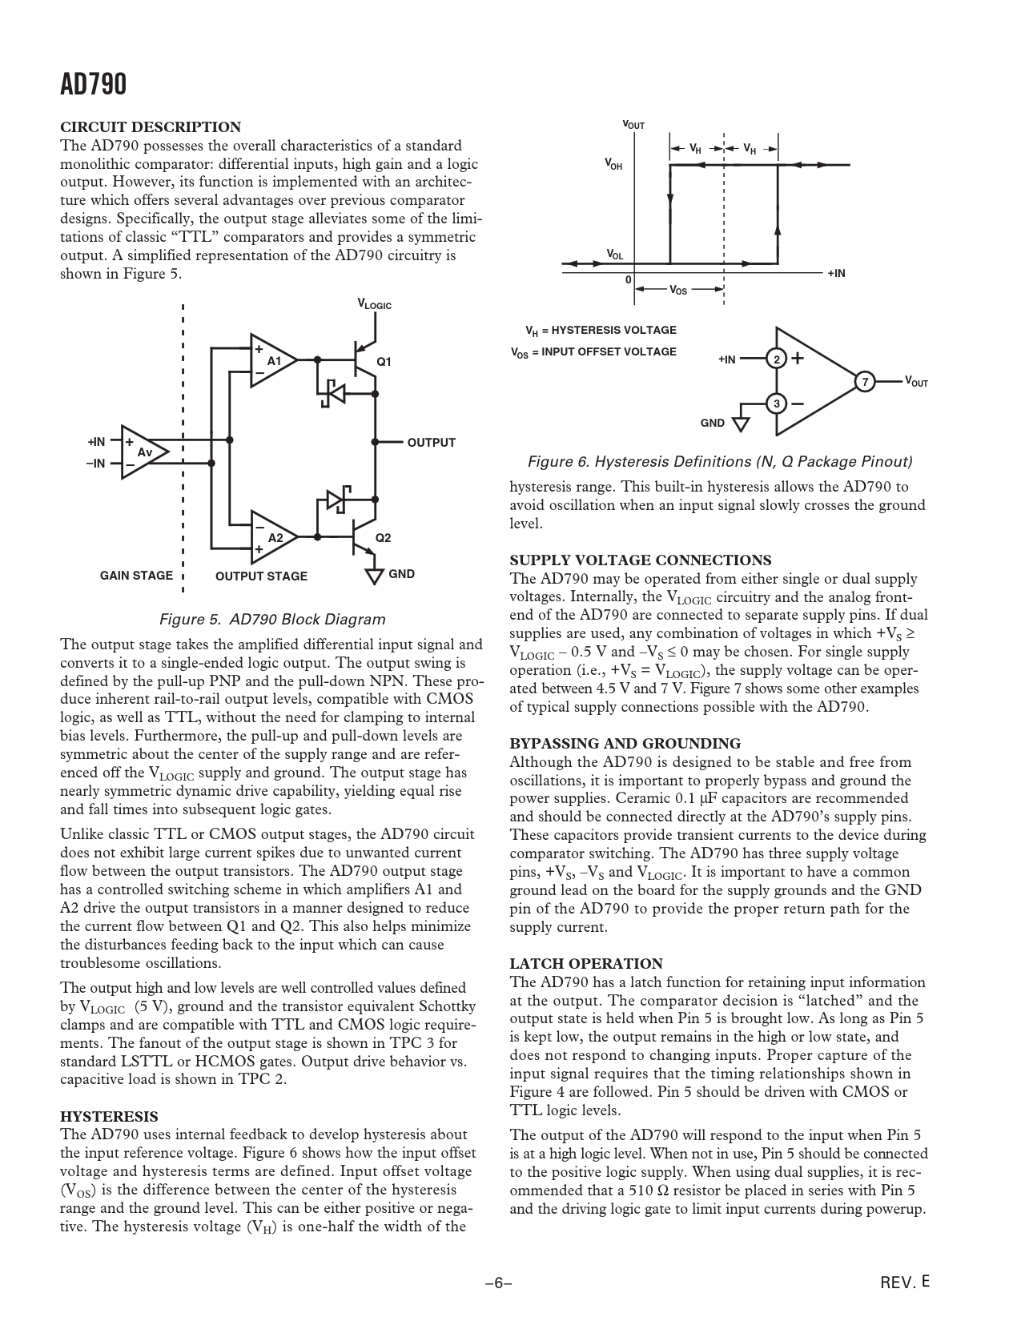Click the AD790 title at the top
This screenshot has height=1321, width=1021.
pyautogui.click(x=93, y=83)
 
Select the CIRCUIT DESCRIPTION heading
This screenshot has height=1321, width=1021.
pyautogui.click(x=151, y=127)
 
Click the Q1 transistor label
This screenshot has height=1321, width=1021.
pyautogui.click(x=384, y=362)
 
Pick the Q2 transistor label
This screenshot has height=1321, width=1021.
pyautogui.click(x=384, y=538)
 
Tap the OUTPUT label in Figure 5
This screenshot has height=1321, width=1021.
pyautogui.click(x=431, y=443)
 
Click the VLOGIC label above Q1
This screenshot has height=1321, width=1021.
pyautogui.click(x=374, y=304)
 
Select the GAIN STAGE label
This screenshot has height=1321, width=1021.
pyautogui.click(x=136, y=575)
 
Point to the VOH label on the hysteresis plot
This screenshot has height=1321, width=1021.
pyautogui.click(x=613, y=164)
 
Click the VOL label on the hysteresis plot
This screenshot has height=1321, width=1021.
pyautogui.click(x=614, y=255)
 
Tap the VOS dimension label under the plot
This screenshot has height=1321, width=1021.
pyautogui.click(x=677, y=290)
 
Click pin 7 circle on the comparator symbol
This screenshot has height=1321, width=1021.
pyautogui.click(x=864, y=382)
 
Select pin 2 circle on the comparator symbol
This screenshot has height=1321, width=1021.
pyautogui.click(x=776, y=359)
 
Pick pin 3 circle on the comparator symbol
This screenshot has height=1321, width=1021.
pyautogui.click(x=776, y=404)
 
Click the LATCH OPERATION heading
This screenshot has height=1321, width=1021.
pyautogui.click(x=586, y=964)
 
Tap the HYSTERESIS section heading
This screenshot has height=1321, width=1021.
pyautogui.click(x=109, y=1116)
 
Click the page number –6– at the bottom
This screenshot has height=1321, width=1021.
pyautogui.click(x=498, y=1283)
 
